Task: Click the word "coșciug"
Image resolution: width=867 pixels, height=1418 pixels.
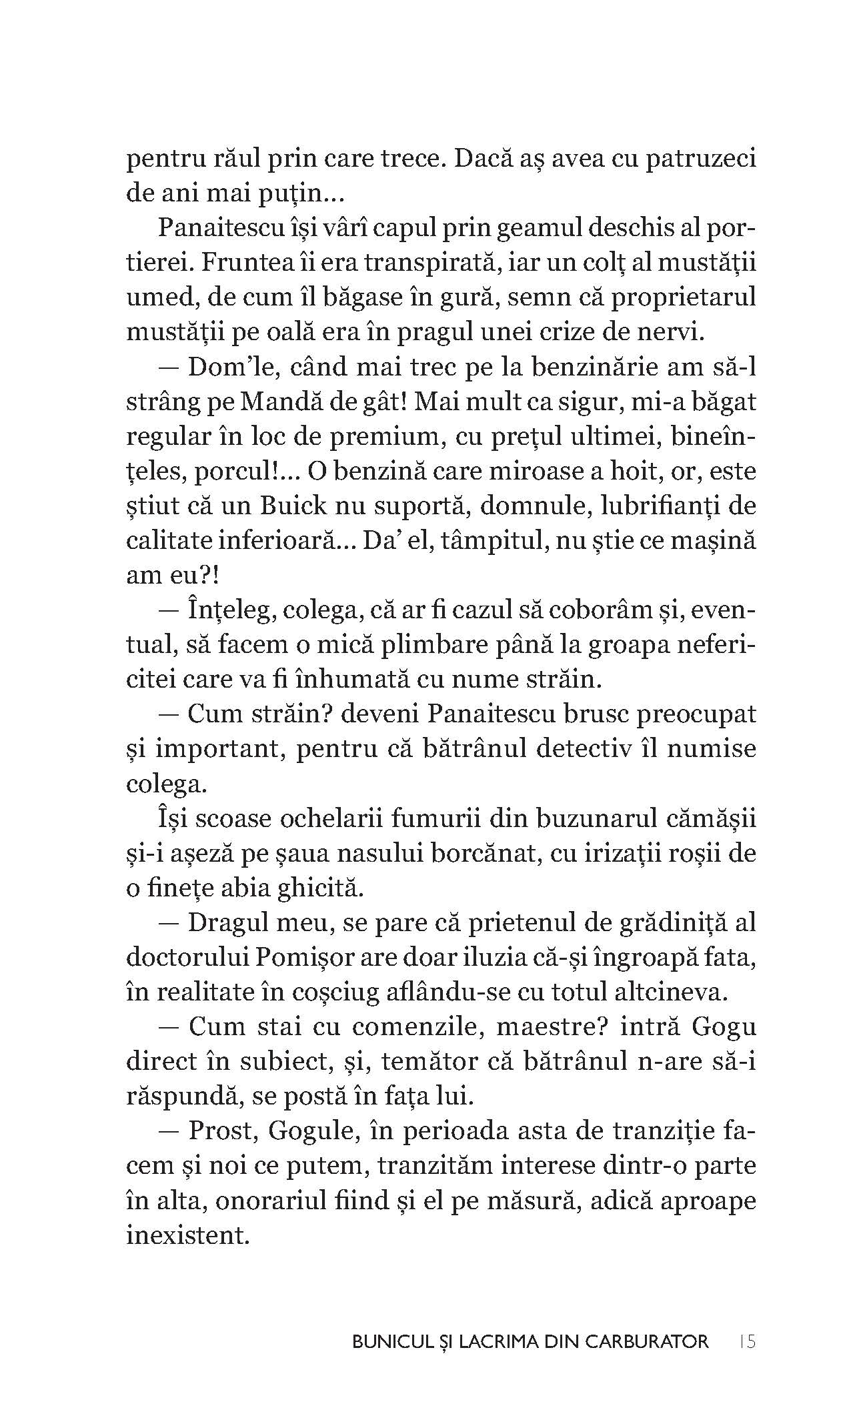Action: pos(336,992)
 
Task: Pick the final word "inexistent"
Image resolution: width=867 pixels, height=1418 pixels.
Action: pos(187,1235)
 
